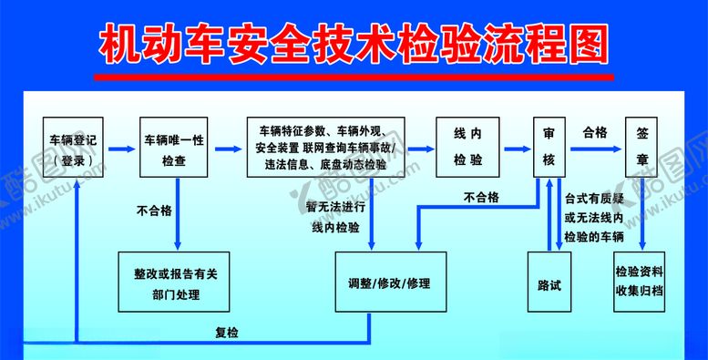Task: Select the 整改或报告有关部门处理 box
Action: pos(176,283)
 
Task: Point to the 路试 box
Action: pos(549,283)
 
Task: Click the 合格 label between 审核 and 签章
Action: pos(595,132)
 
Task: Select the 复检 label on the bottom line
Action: pos(226,333)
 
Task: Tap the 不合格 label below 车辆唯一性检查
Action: pos(155,211)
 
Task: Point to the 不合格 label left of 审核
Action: pos(480,196)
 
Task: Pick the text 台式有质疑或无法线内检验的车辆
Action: pos(595,217)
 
